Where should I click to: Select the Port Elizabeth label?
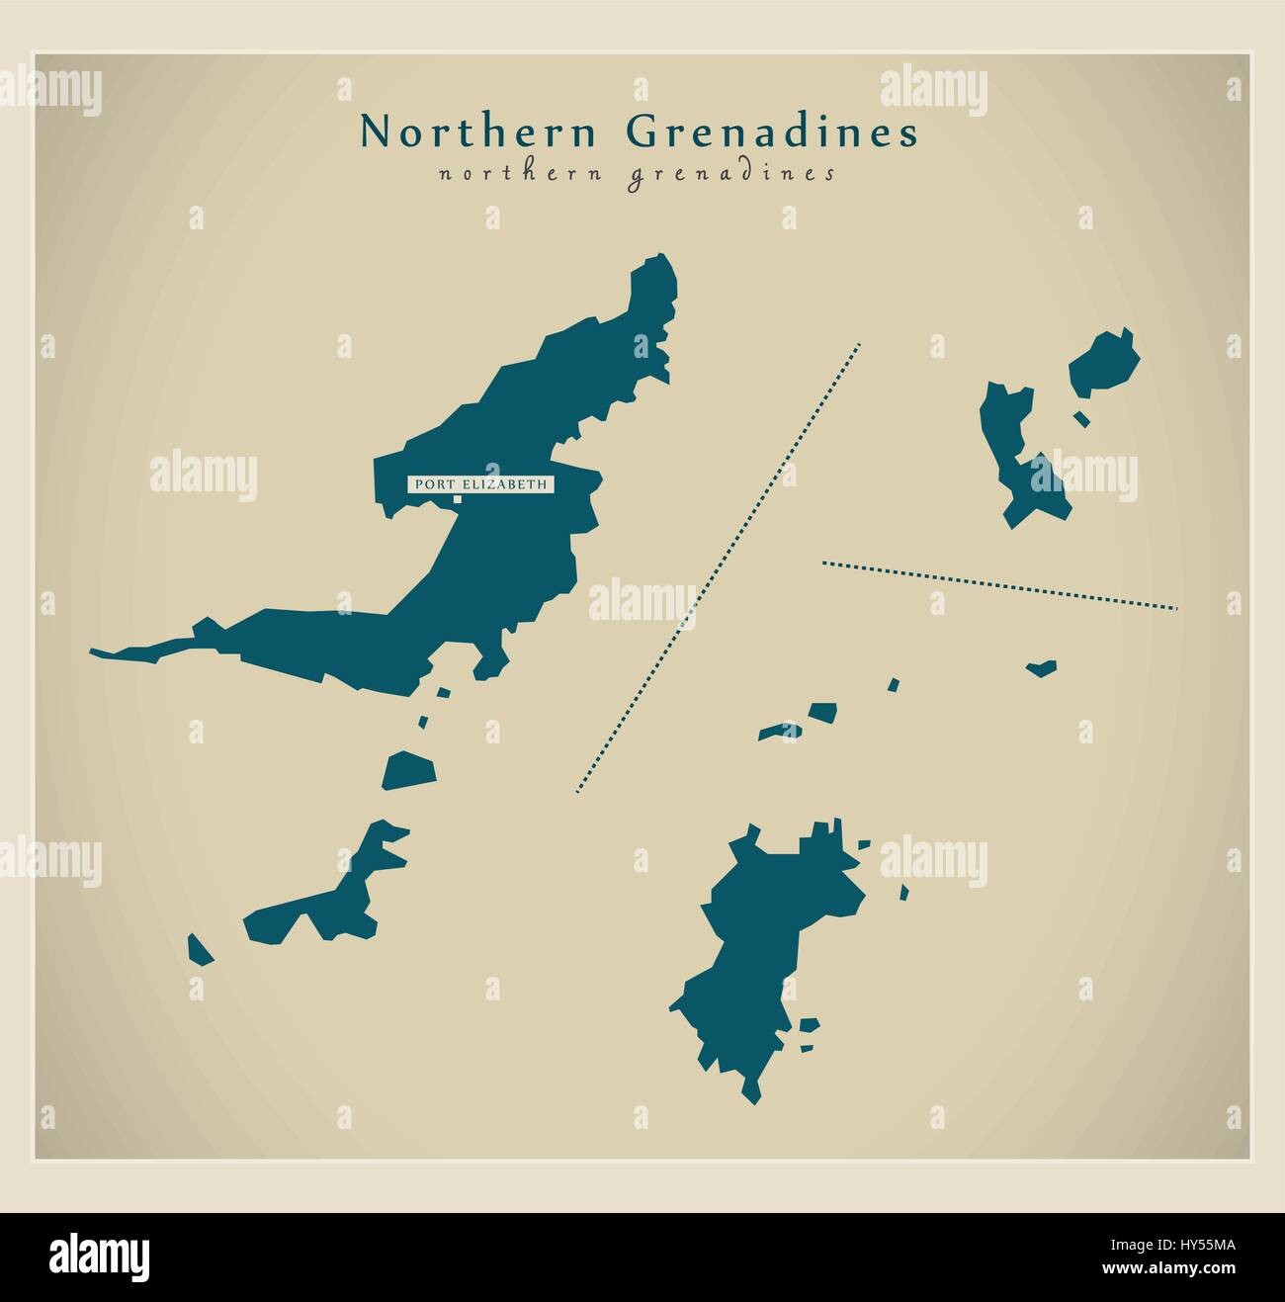click(x=480, y=484)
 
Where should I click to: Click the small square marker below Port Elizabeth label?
click(x=457, y=499)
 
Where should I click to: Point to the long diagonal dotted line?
click(x=719, y=568)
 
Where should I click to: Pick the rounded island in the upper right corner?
click(x=1105, y=362)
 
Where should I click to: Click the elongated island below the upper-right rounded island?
click(x=1018, y=455)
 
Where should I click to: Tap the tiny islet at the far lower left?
click(x=200, y=951)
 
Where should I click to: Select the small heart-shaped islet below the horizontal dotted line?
click(x=1041, y=668)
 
